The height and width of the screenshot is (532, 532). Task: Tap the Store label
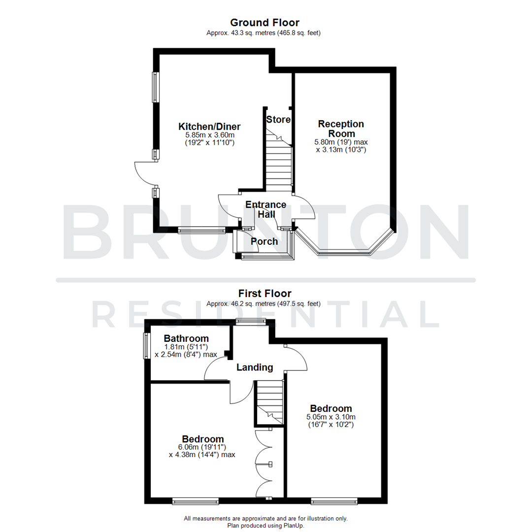click(278, 119)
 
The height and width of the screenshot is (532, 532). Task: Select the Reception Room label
click(341, 129)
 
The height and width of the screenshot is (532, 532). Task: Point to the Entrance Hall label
click(266, 209)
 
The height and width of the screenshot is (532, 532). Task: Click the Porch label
click(264, 241)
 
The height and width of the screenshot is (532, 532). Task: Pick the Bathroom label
click(186, 338)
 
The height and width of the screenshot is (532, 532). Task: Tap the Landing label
click(255, 367)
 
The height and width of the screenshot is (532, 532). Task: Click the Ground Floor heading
click(265, 22)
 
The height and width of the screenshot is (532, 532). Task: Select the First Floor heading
click(265, 294)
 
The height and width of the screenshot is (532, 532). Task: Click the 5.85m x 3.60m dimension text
click(206, 135)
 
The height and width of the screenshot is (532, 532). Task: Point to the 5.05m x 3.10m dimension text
click(331, 417)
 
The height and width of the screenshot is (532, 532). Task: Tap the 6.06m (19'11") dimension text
click(202, 447)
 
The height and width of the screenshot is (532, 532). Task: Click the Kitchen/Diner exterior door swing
click(143, 173)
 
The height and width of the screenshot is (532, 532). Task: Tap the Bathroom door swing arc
click(215, 368)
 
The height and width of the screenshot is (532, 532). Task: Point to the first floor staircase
click(269, 401)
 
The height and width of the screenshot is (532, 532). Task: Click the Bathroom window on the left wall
click(146, 346)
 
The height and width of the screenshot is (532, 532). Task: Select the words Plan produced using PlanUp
click(266, 526)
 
